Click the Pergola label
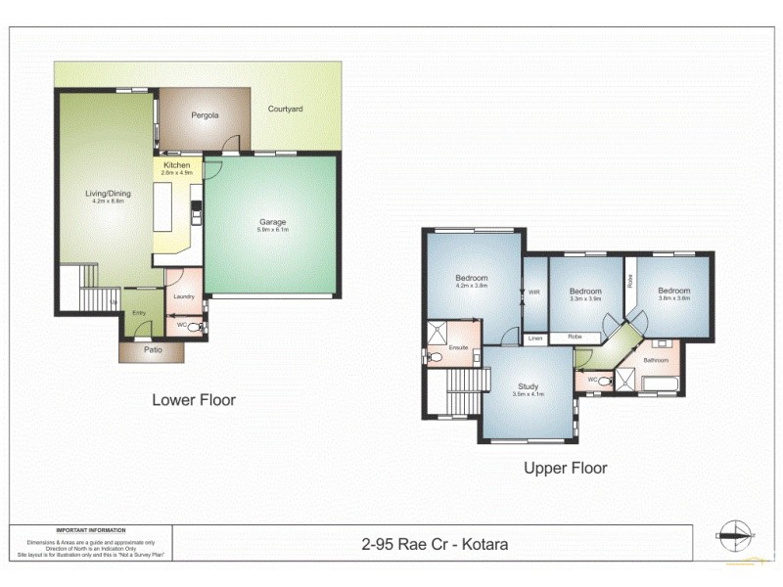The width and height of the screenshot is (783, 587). pos(205,115)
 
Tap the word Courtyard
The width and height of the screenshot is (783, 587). pos(286,109)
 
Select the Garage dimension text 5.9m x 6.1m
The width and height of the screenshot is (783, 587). pos(273,230)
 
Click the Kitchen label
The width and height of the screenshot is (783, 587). pos(177,165)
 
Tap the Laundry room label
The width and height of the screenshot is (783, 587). pos(183,296)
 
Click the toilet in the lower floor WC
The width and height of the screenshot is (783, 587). pos(195,328)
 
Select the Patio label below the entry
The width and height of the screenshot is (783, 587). pos(151,349)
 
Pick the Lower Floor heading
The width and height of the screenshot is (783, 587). pos(193,399)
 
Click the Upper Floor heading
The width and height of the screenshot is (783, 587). pos(565,468)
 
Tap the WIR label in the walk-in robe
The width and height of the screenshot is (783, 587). pos(534,290)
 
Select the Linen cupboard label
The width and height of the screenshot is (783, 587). pos(535,339)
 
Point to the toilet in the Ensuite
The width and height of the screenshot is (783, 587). pos(437,358)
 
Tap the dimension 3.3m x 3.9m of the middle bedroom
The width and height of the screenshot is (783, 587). pos(585,299)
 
